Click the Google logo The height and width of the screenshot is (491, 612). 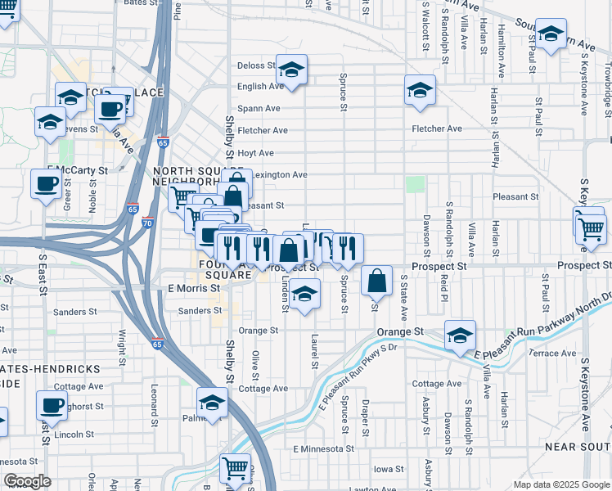point(27,481)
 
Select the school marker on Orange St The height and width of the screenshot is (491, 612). point(460,335)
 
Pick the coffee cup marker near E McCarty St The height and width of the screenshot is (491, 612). point(45,183)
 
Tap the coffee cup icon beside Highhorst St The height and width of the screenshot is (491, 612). point(52,404)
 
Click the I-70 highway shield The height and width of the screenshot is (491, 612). point(147,222)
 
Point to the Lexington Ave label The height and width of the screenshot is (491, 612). point(279,174)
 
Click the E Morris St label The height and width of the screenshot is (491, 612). point(194,288)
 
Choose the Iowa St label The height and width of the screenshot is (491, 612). point(388,470)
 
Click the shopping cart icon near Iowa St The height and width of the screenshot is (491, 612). point(235,468)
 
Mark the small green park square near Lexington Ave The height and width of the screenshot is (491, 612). point(416,184)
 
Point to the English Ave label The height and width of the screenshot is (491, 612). point(260,87)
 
